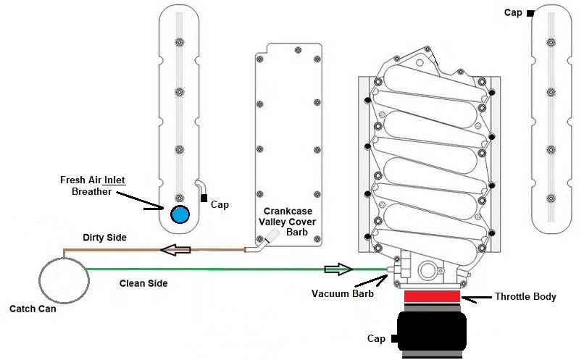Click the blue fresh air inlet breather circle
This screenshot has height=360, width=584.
pos(179,215)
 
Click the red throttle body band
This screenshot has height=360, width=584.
pos(432,296)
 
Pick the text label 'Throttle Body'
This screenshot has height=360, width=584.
pos(525,296)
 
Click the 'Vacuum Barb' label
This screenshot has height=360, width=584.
pos(341,294)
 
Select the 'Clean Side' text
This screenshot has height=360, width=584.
pos(143,283)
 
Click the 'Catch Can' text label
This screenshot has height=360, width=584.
pos(33,309)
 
